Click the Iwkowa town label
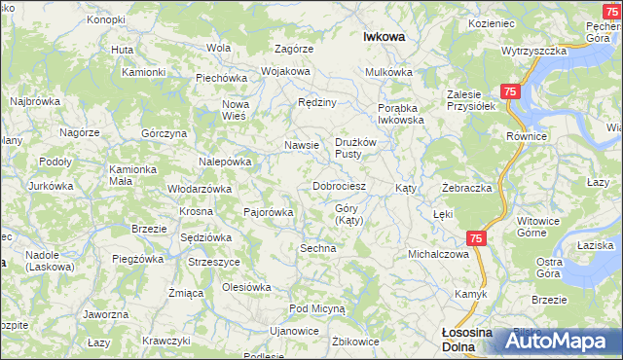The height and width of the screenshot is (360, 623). point(384,36)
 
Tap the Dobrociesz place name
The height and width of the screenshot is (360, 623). point(339,185)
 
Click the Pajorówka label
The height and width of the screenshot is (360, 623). point(268,210)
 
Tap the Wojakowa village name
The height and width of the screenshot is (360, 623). point(284,71)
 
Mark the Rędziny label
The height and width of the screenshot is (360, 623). point(317,102)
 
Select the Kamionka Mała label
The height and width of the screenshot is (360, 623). point(132,174)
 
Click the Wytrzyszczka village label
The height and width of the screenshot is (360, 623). point(534,50)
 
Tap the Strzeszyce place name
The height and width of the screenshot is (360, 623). point(214,261)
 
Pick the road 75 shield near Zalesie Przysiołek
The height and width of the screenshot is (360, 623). point(511,90)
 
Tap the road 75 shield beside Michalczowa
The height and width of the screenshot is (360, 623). point(475,237)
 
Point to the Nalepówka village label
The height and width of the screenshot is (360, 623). point(226,162)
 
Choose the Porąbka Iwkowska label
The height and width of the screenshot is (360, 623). point(401,114)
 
